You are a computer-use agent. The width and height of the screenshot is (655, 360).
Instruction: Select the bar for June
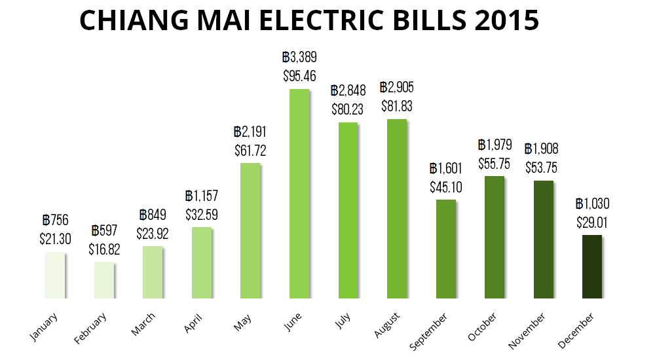tap(299, 194)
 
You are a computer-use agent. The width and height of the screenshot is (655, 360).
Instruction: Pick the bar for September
tap(445, 249)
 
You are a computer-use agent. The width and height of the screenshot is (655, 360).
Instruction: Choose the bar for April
tap(202, 262)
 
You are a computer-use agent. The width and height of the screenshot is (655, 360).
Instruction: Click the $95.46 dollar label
tap(299, 75)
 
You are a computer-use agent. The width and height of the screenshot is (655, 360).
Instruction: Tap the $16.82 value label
tap(104, 249)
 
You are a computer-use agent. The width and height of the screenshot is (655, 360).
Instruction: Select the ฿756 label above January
tap(55, 221)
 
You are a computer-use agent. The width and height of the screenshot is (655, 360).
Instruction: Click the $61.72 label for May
tap(250, 150)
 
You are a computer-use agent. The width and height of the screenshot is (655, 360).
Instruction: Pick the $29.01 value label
tap(592, 222)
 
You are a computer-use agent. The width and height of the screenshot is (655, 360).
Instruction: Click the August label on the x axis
tap(387, 326)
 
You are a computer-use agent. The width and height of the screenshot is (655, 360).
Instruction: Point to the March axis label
tap(143, 325)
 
